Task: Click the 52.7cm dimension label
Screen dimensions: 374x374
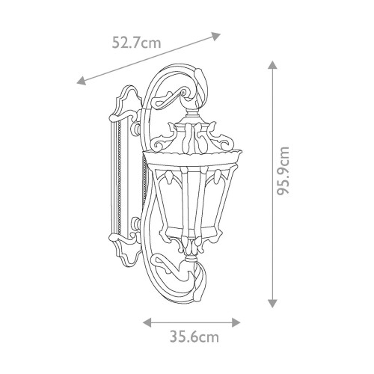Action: (136, 43)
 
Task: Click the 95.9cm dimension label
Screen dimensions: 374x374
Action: (283, 171)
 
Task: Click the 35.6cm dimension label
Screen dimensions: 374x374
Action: (194, 337)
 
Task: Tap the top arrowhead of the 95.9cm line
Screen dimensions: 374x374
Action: (272, 65)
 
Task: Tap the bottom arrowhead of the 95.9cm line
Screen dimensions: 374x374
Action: (272, 303)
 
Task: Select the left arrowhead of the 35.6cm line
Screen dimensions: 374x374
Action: (147, 322)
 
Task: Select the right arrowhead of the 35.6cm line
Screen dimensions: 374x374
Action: (236, 322)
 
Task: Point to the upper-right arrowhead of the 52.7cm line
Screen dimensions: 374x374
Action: (215, 36)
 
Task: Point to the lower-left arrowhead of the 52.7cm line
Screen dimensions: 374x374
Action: (82, 81)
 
